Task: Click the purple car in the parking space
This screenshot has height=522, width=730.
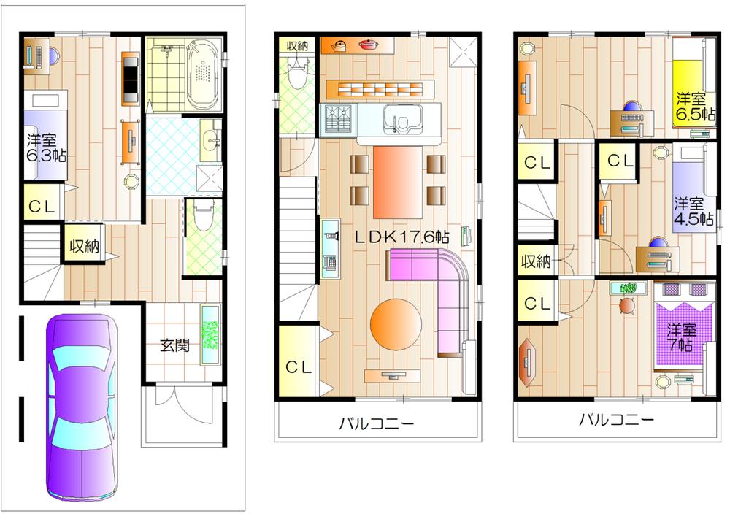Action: tap(82, 409)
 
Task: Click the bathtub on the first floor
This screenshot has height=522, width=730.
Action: tap(199, 74)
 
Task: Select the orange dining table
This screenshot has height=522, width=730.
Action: tap(398, 181)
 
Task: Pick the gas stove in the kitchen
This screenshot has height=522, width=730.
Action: tap(337, 118)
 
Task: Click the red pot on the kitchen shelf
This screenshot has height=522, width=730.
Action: tap(368, 45)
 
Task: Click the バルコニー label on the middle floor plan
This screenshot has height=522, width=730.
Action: tap(376, 423)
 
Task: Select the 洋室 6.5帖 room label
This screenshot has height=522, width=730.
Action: tap(690, 107)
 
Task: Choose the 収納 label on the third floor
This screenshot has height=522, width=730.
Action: tap(534, 261)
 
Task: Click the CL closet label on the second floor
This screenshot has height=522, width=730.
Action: tap(298, 368)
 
